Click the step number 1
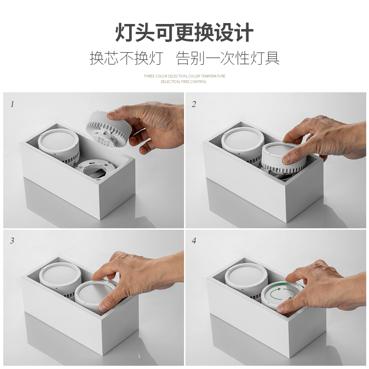pos(12,104)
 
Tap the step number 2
pos(194,104)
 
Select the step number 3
pos(12,241)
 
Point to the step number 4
pos(194,241)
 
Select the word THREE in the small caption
pos(149,76)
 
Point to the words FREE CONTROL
pos(194,82)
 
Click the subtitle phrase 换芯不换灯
pos(126,58)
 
